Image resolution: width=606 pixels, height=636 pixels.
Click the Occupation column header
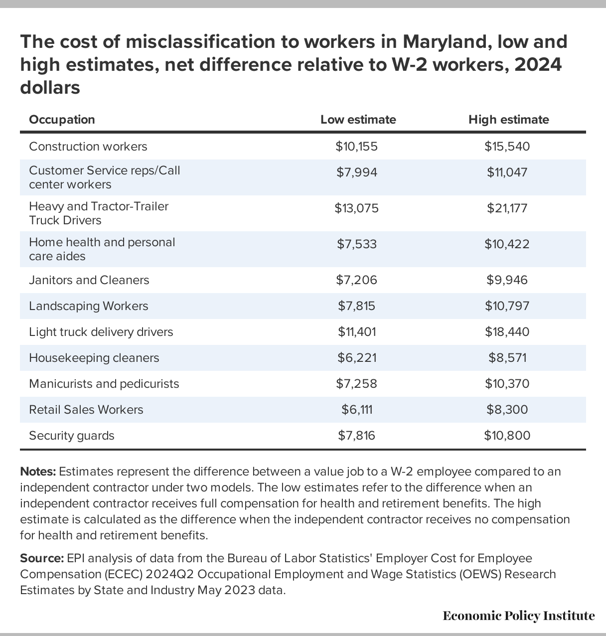(x=62, y=120)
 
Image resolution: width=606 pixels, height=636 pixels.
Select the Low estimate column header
(x=358, y=120)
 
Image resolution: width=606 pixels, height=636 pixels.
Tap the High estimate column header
(x=508, y=120)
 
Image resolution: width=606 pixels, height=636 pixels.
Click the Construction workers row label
(x=88, y=147)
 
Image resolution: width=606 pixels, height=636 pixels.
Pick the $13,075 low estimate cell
(x=356, y=208)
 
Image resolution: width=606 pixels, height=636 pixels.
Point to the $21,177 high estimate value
(x=507, y=208)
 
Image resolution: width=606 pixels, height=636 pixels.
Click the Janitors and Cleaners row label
(x=89, y=280)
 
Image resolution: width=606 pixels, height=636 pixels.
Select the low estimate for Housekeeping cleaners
(x=356, y=358)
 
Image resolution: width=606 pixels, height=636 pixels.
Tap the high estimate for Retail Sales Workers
(x=507, y=410)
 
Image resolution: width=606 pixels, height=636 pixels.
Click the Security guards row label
(x=72, y=436)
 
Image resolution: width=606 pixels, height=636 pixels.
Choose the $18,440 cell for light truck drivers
(x=507, y=332)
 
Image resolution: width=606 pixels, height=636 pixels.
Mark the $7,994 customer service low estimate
(x=356, y=172)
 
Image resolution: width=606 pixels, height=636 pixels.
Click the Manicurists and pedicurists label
(x=104, y=384)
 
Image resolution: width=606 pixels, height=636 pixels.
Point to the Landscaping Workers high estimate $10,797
(x=507, y=306)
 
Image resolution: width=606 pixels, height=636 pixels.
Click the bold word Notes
(x=38, y=472)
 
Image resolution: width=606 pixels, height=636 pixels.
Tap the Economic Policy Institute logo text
(x=519, y=616)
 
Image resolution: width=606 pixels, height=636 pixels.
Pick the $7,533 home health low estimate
(x=356, y=244)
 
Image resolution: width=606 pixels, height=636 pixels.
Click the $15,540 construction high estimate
(x=507, y=147)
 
